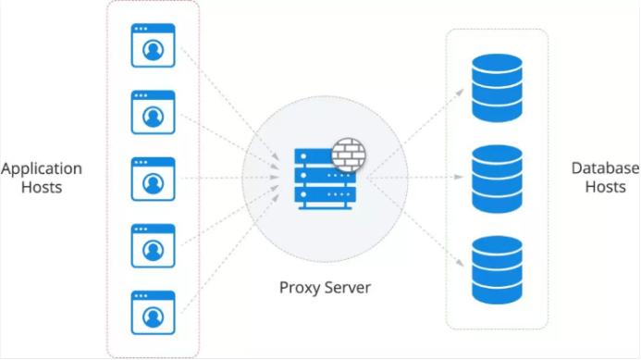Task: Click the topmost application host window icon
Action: click(153, 45)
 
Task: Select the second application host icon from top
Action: click(153, 112)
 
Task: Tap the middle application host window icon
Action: click(153, 179)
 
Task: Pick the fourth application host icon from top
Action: click(153, 245)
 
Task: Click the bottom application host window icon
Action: click(153, 312)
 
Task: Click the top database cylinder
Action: click(497, 88)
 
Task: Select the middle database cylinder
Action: click(497, 179)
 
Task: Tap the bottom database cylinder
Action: click(497, 270)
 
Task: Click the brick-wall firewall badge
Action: click(349, 155)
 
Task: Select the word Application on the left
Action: click(42, 169)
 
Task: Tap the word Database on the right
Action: click(605, 168)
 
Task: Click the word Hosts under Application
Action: click(42, 187)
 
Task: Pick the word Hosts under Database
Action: click(605, 187)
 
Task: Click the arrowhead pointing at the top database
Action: click(461, 93)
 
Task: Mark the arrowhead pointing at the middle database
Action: click(459, 177)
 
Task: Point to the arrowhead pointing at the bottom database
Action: click(461, 263)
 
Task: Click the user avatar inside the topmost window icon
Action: click(153, 50)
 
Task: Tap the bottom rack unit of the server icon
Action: click(325, 194)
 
